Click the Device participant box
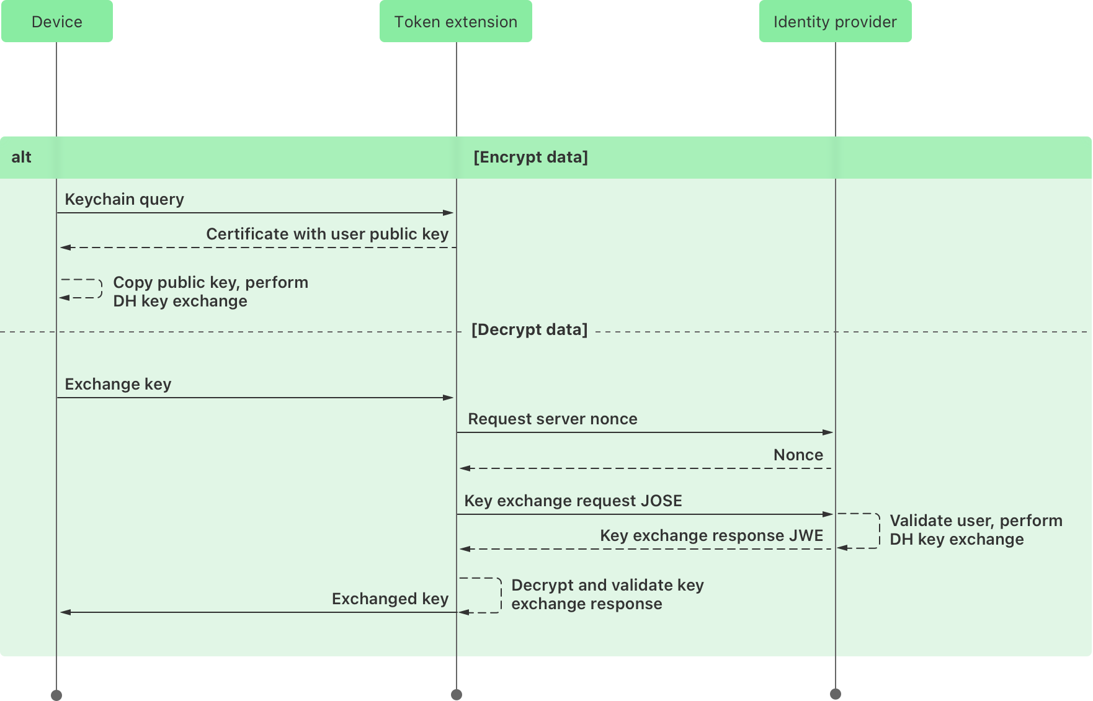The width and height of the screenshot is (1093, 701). pos(56,22)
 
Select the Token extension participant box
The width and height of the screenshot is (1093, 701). pos(455,22)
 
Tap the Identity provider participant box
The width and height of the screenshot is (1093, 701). pos(835,22)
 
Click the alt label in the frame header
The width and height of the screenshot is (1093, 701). pos(21,157)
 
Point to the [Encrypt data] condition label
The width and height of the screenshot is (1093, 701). pos(530,157)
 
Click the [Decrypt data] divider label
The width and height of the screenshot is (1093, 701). pos(529,329)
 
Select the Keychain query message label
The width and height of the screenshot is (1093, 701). pos(124,199)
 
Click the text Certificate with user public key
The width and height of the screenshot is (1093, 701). pos(327,234)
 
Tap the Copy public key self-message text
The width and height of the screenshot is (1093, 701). pos(210,292)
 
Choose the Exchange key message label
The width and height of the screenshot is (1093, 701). pos(118,384)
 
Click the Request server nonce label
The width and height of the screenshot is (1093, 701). pos(552,419)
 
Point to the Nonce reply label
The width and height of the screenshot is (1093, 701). pos(798,455)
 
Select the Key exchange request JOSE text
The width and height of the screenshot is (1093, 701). pos(573,501)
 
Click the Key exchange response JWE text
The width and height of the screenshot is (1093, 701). pos(711,535)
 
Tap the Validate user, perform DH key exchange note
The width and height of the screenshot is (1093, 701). pos(975,530)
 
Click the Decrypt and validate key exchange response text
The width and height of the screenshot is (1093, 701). pos(607,594)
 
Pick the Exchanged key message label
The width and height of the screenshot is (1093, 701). pos(390,599)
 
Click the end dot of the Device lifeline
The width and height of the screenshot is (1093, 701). pos(56,695)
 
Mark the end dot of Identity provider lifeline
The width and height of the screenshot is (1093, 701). pos(835,694)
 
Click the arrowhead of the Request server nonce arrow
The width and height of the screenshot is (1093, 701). pos(828,432)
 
